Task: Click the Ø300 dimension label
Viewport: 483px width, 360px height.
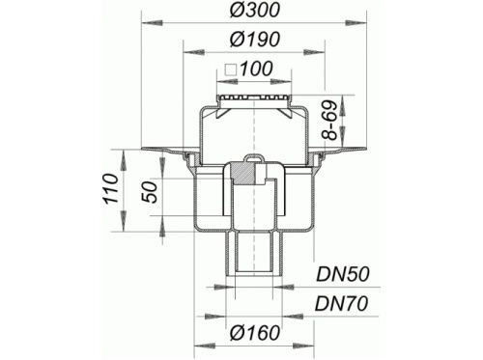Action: click(254, 10)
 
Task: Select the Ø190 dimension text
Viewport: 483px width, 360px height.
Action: click(254, 40)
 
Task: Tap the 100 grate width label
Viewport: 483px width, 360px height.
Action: click(257, 69)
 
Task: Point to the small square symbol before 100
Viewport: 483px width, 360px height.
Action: click(231, 69)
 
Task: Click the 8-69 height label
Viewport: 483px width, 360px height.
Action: click(329, 120)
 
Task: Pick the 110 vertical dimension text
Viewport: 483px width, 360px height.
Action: click(111, 188)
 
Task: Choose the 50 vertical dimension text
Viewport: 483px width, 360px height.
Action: click(151, 192)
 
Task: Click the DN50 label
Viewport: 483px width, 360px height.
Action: click(342, 274)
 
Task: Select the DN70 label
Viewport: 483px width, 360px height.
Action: click(341, 303)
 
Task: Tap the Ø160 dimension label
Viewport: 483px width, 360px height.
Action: click(255, 332)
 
